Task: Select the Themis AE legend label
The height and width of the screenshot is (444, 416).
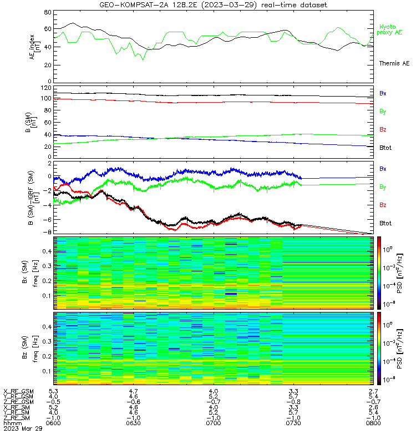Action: point(394,63)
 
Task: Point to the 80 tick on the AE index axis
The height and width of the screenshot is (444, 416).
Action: point(48,12)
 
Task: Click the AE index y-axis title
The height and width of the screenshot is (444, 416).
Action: point(34,47)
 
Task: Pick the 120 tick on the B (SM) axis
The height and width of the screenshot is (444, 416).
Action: point(46,88)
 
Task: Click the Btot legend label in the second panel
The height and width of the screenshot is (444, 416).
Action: point(385,148)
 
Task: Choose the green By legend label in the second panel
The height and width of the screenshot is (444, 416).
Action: point(383,112)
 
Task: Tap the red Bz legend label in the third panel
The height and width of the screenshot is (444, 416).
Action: point(383,205)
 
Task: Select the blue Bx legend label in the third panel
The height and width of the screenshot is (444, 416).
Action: point(383,169)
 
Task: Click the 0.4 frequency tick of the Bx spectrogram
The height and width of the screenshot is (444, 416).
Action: point(47,251)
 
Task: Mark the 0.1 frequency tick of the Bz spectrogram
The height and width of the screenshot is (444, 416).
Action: point(47,371)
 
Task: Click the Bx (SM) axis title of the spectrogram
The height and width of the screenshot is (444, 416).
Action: point(25,272)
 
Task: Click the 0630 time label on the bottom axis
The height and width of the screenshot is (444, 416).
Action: point(133,423)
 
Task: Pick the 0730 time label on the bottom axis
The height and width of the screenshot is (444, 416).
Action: point(293,423)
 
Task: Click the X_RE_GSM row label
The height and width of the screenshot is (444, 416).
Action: point(18,392)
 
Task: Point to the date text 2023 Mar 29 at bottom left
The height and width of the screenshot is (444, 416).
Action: point(23,428)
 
